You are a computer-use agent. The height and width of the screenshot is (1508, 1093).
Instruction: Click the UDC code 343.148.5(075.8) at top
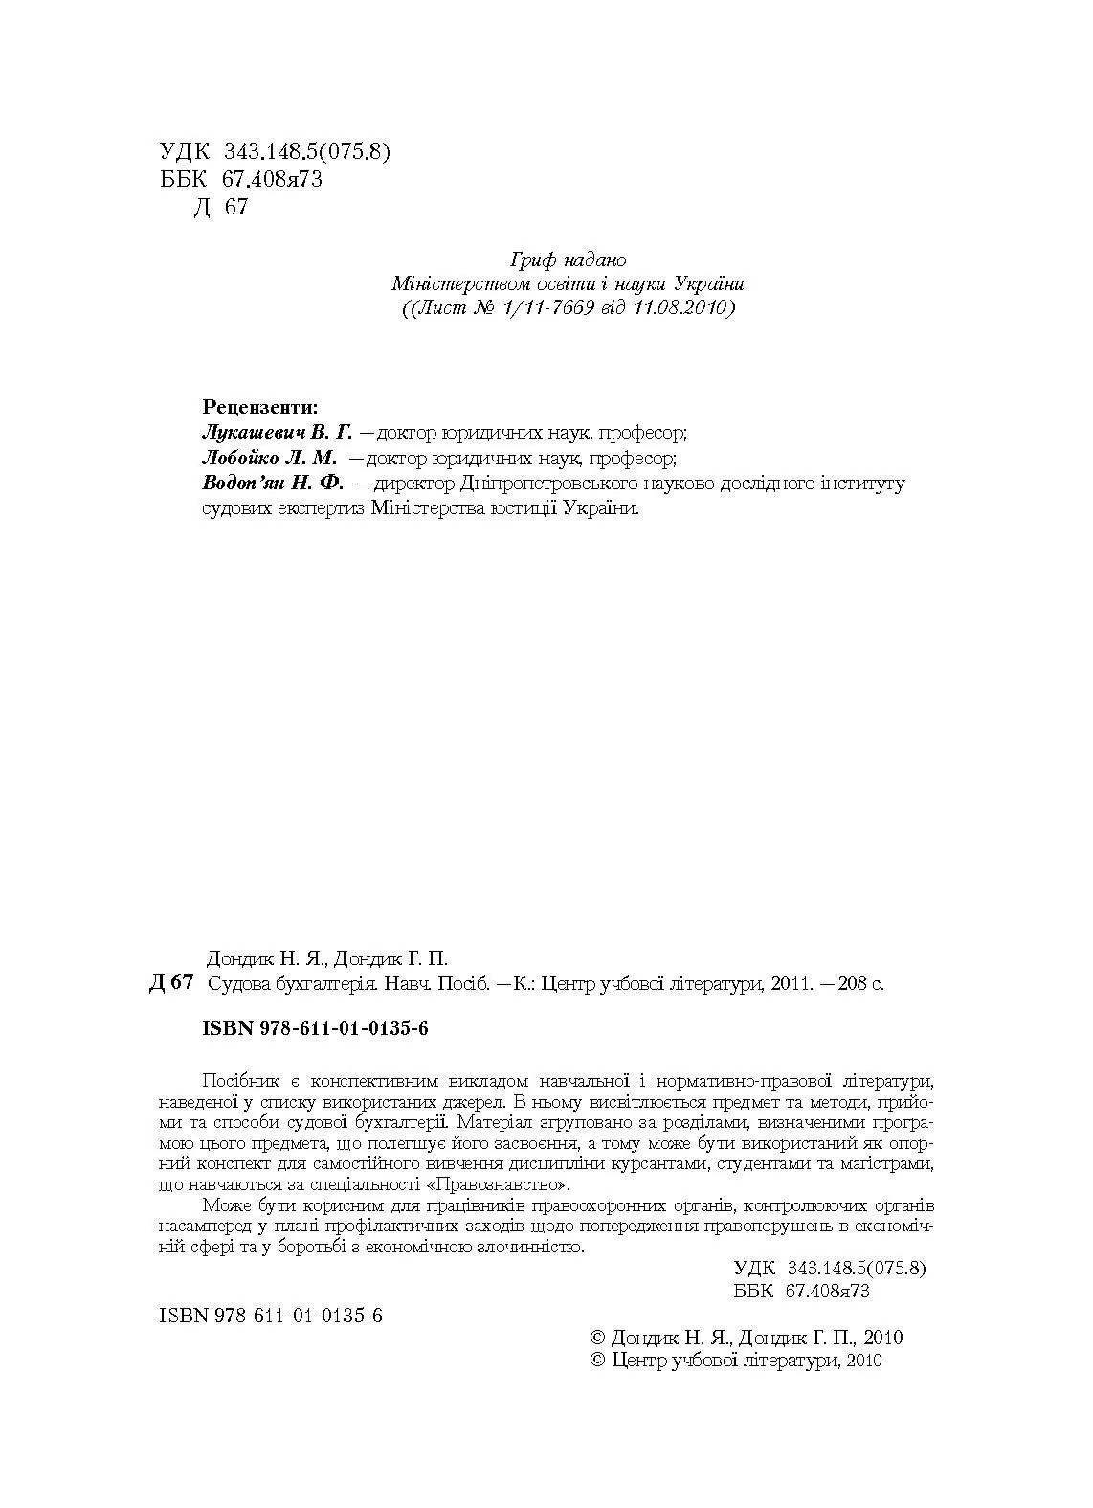click(x=307, y=152)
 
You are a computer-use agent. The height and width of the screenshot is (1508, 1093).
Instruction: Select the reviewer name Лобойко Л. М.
click(x=269, y=458)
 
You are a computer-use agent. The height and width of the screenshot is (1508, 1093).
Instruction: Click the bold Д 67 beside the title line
click(x=172, y=983)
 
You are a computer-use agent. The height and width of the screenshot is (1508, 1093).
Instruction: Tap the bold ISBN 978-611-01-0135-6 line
click(x=315, y=1028)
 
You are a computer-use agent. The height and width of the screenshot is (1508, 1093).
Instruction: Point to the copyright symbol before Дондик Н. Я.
click(x=598, y=1338)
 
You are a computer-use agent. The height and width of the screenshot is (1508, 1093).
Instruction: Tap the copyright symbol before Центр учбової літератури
click(x=598, y=1361)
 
